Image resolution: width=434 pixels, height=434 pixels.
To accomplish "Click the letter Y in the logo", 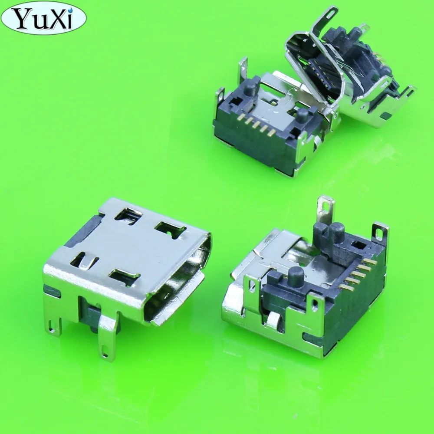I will pos(21,18).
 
